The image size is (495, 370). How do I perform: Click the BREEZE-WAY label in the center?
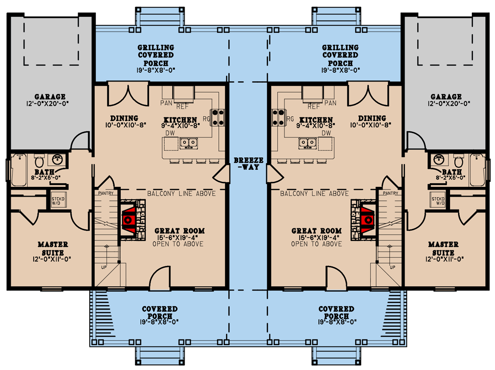tap(248, 163)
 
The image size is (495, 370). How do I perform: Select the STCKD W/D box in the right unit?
tap(438, 200)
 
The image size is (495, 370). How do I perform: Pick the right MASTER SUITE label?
tap(443, 248)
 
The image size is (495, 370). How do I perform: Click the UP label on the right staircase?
tap(393, 267)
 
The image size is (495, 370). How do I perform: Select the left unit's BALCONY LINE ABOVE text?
tap(181, 193)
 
